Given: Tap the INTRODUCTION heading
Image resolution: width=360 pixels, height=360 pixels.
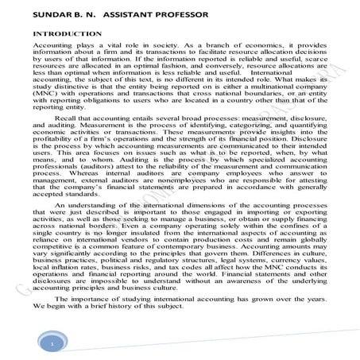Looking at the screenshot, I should point(68,35).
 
